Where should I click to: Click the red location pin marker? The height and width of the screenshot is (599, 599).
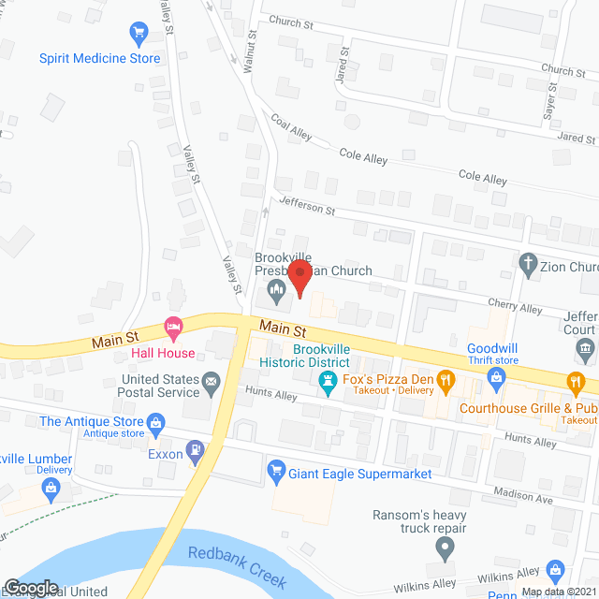coord(299,278)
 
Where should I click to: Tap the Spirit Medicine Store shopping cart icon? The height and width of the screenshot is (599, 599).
coord(139,35)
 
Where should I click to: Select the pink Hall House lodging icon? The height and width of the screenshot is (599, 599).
coord(173,329)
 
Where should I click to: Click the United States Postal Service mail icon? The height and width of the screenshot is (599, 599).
coord(212,380)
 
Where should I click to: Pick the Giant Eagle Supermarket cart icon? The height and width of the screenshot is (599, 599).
coord(275,469)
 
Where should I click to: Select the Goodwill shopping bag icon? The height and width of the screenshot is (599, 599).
coord(494,377)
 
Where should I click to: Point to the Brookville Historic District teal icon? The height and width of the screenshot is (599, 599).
coord(328,381)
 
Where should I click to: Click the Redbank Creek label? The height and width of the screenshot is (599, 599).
coord(239,565)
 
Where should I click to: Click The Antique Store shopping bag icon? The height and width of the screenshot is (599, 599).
coord(154,423)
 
